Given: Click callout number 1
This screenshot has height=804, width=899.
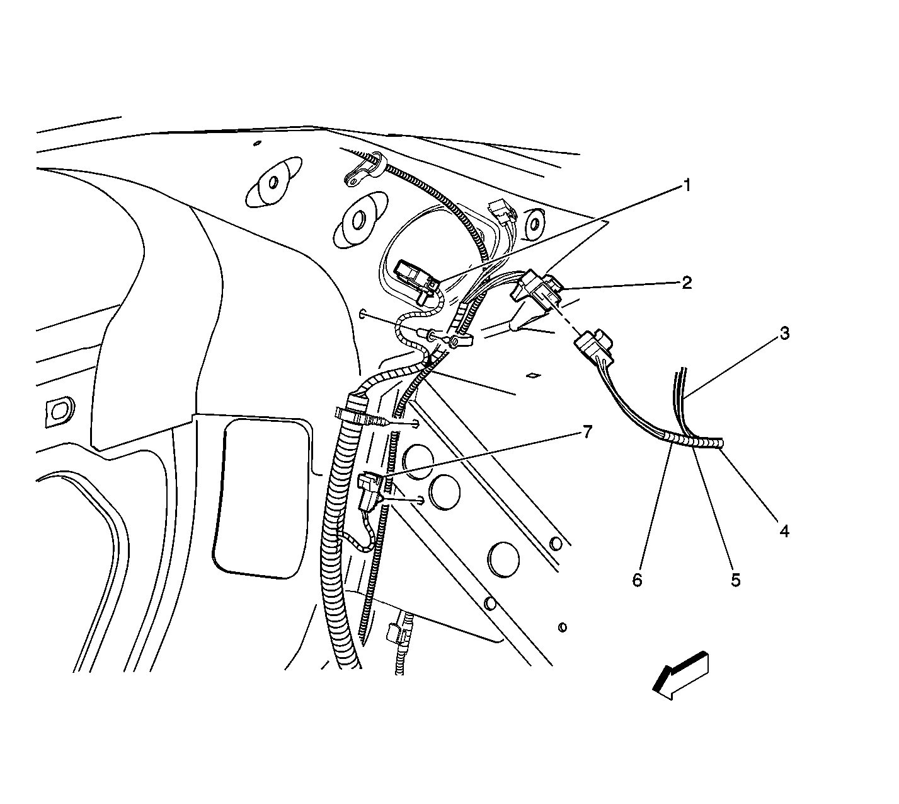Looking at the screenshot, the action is [x=687, y=185].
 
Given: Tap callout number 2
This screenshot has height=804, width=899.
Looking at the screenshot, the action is [x=687, y=283].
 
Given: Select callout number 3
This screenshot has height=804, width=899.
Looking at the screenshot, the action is [x=784, y=333].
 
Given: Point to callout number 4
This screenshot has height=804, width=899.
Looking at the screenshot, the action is [x=784, y=531].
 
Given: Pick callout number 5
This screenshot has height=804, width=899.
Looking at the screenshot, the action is [x=736, y=580].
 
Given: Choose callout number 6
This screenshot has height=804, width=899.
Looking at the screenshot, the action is [x=637, y=580].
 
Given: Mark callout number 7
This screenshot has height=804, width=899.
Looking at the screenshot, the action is [x=587, y=431].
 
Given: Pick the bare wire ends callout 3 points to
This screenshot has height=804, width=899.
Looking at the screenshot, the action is [x=680, y=382].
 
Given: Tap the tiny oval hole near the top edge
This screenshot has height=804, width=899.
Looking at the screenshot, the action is [x=257, y=143].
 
